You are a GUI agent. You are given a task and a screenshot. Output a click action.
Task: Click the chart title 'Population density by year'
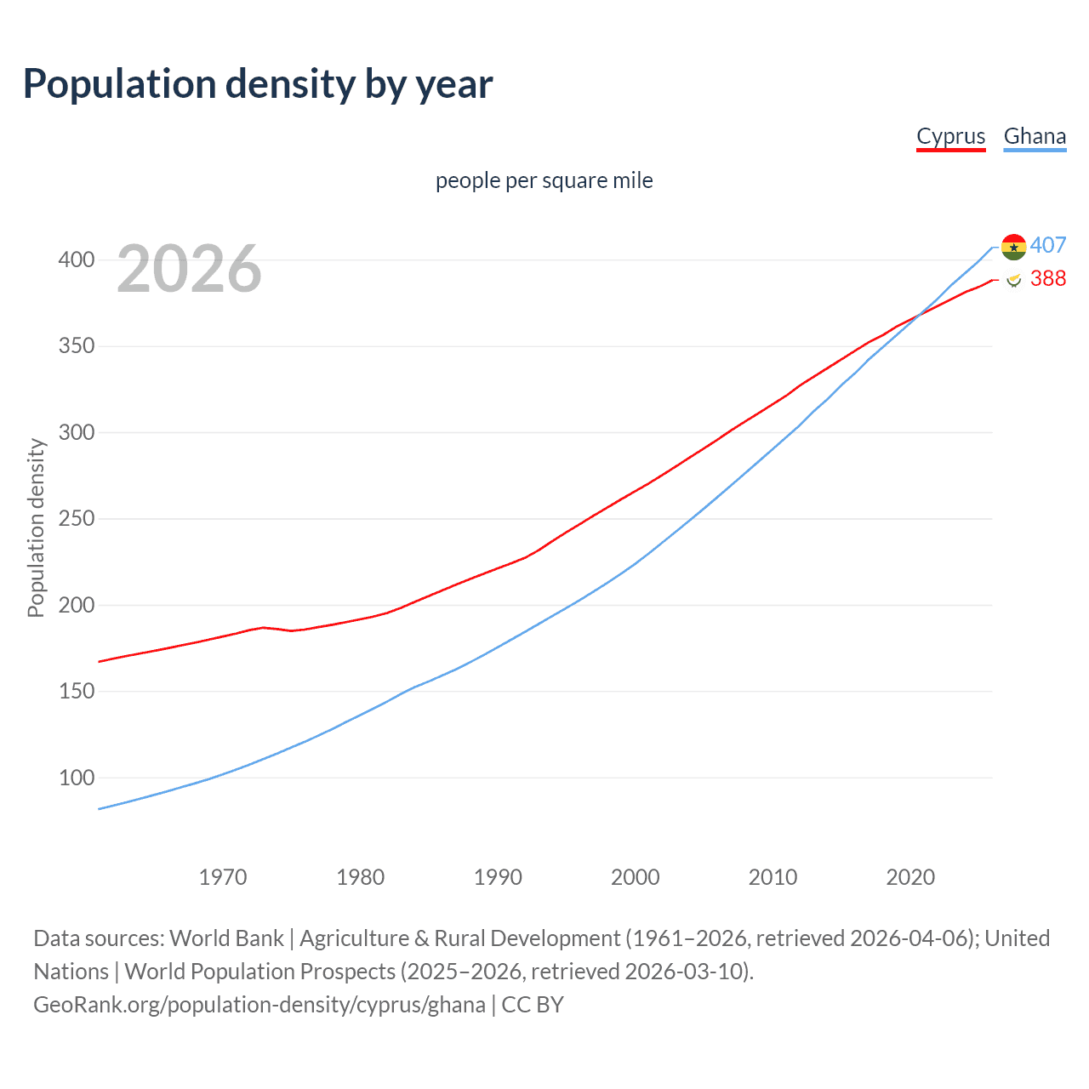(258, 84)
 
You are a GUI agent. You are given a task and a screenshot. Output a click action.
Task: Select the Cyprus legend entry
(950, 136)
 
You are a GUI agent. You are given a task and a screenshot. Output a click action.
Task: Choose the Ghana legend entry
(1035, 136)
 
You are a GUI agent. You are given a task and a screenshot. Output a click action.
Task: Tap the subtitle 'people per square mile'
(544, 180)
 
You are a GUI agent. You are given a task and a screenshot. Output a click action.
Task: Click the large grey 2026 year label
(189, 269)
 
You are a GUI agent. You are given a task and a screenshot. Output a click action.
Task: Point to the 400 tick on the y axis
(77, 259)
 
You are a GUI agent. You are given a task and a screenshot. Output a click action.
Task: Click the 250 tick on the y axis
(77, 519)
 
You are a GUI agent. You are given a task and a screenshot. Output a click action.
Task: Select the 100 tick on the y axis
(77, 778)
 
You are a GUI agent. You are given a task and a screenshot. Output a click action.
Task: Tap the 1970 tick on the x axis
(223, 877)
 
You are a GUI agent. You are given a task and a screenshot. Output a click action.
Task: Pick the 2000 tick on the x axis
(636, 877)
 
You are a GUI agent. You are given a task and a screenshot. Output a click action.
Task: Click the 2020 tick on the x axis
(910, 877)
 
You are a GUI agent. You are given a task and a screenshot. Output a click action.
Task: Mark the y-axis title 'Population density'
(36, 527)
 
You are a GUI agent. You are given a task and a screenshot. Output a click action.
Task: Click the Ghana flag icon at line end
(1013, 247)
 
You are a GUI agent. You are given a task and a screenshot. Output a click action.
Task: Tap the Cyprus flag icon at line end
(1013, 279)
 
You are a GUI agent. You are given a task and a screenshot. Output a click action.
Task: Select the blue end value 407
(1048, 245)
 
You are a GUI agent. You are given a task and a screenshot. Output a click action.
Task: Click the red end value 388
(1048, 278)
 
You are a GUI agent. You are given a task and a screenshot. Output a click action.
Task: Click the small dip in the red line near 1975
(292, 630)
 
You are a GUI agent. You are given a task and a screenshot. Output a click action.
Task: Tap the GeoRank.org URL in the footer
(259, 1005)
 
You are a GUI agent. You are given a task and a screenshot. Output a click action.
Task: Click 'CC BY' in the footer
(533, 1005)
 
